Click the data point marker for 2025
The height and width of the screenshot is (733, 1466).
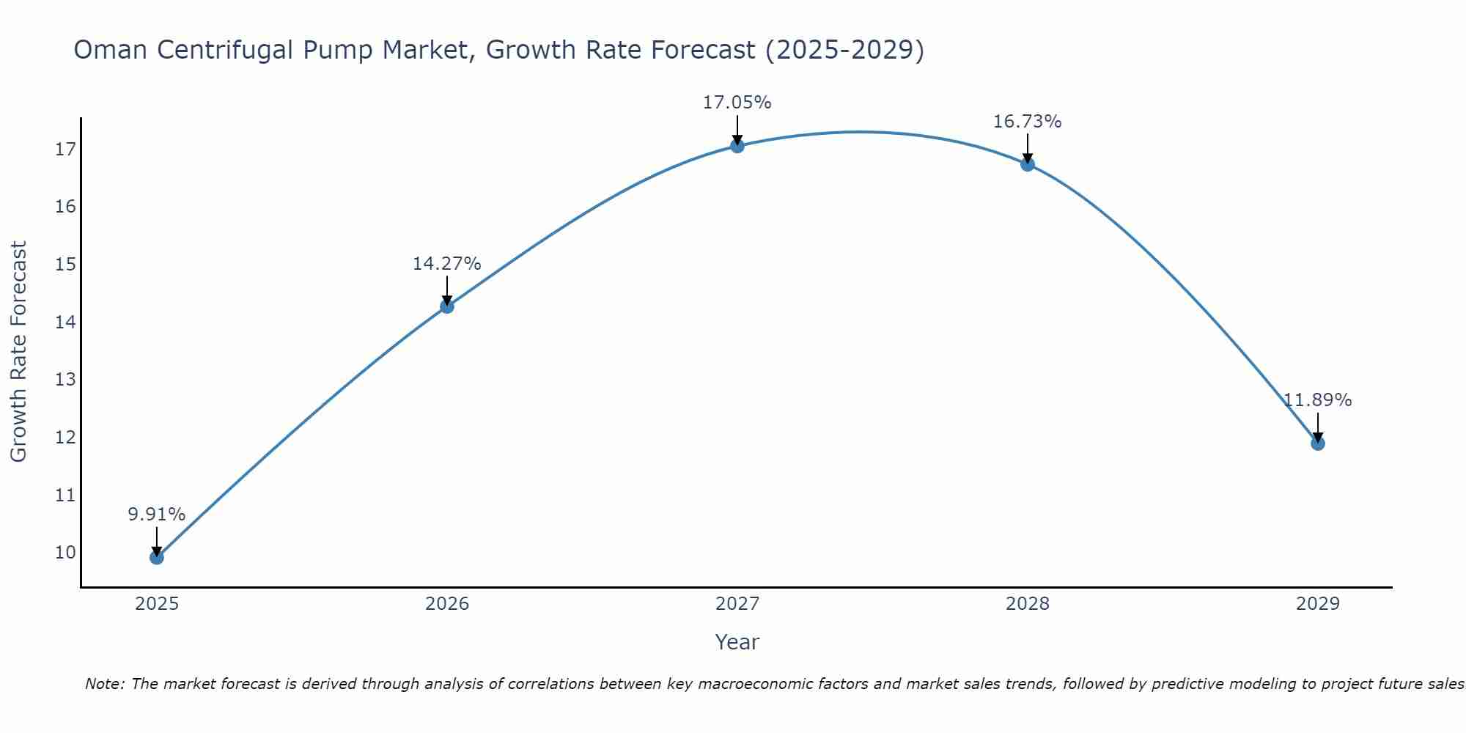[x=157, y=557]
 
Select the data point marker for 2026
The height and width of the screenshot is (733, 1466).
[x=447, y=306]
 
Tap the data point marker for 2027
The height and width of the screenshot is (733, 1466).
[x=737, y=146]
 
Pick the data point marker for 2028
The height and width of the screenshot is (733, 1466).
[x=1028, y=164]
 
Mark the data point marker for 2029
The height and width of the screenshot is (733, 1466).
[x=1317, y=443]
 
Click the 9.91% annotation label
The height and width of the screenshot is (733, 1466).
[x=157, y=515]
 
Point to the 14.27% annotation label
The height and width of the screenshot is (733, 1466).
[x=447, y=264]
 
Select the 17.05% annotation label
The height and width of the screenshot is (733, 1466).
[x=737, y=103]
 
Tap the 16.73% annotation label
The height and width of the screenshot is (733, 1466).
[x=1028, y=122]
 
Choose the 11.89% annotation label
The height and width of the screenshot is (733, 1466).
[x=1317, y=400]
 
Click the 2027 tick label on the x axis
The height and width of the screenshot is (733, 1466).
[x=737, y=604]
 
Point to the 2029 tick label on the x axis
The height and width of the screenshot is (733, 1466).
[x=1317, y=604]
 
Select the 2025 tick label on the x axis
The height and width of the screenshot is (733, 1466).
[x=157, y=604]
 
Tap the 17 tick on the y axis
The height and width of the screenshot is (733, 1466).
[x=65, y=150]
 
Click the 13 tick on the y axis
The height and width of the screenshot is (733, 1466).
[x=65, y=380]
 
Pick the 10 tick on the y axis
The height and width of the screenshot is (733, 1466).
[x=65, y=552]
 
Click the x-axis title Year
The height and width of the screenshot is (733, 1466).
[x=737, y=642]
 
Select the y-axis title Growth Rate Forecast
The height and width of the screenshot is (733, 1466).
[x=18, y=352]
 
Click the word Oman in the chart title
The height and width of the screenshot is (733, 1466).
[x=111, y=51]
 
